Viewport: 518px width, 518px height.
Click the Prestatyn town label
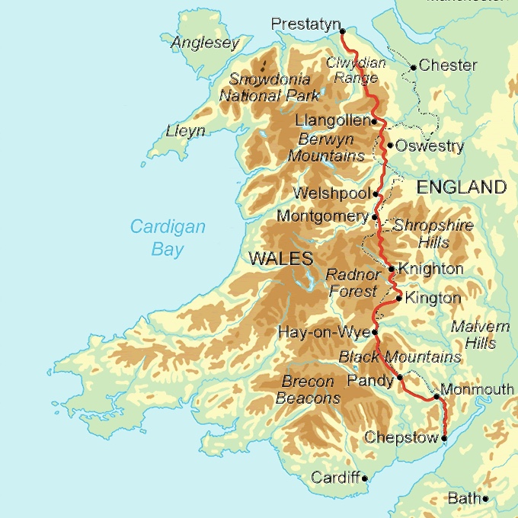[304, 25]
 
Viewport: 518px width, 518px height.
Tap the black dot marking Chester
[413, 67]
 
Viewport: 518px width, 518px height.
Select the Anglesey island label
[205, 43]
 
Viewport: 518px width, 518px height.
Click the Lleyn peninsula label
[186, 131]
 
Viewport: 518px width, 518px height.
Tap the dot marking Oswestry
[390, 145]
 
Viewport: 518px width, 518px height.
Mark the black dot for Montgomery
[375, 217]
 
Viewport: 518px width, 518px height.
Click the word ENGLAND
[460, 187]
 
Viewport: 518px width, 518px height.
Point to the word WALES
[281, 259]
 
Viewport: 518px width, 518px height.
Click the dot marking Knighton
[392, 269]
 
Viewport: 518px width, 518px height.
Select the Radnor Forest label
[351, 283]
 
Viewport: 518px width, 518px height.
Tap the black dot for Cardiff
[365, 478]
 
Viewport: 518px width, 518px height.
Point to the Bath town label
[463, 499]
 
